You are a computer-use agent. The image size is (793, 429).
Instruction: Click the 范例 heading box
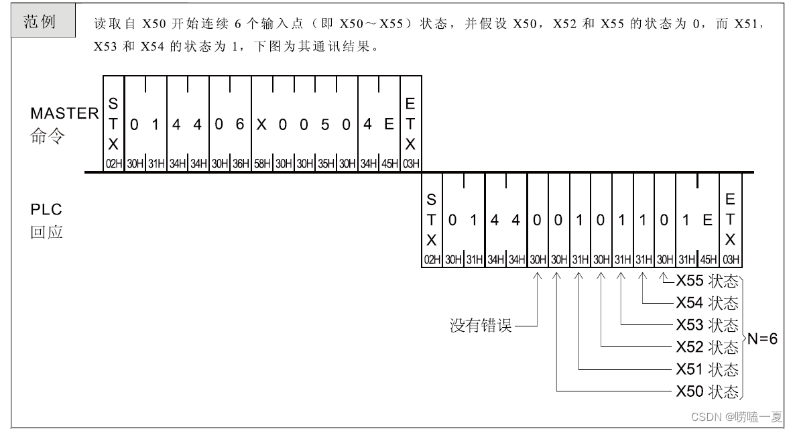[40, 21]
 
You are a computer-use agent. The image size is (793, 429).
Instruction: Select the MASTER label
[64, 113]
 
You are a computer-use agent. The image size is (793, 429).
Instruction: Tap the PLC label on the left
[46, 210]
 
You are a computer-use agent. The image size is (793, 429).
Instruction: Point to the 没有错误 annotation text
[480, 326]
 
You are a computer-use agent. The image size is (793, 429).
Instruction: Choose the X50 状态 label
[707, 391]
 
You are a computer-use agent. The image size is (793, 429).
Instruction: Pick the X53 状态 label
[707, 326]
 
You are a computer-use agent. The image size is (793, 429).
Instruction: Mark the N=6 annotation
[762, 339]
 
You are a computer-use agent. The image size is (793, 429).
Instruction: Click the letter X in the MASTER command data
[261, 125]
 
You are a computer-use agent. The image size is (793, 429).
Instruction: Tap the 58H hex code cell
[261, 164]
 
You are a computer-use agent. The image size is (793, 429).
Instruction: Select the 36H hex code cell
[241, 164]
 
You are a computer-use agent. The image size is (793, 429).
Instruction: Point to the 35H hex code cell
[325, 164]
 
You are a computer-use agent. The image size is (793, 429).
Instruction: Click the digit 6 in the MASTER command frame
[241, 125]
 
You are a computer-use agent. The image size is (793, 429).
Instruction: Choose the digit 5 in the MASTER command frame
[325, 125]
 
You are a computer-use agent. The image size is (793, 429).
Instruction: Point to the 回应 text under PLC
[46, 233]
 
